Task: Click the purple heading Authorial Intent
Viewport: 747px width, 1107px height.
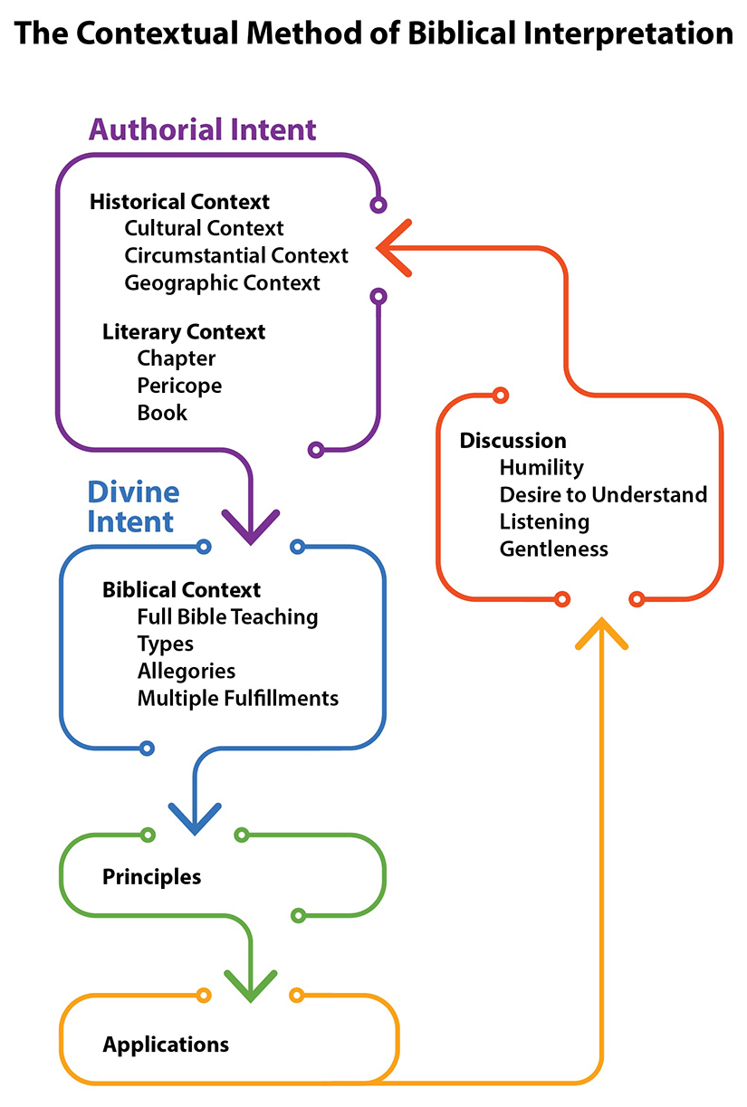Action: click(x=202, y=129)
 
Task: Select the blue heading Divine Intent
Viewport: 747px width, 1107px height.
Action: click(x=132, y=507)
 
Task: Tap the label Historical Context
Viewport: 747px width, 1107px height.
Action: click(x=179, y=201)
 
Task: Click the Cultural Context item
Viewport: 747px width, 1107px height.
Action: click(x=204, y=228)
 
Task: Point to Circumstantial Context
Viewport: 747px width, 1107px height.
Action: click(x=236, y=255)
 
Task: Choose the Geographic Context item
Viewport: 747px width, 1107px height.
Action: click(x=222, y=282)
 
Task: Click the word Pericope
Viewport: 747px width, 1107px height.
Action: click(x=179, y=386)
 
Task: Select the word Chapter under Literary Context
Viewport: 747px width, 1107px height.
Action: click(x=177, y=358)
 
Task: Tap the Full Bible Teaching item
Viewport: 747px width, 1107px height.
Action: click(x=227, y=617)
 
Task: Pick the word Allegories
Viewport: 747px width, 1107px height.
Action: click(x=186, y=672)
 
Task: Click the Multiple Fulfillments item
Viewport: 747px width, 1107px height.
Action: click(x=237, y=699)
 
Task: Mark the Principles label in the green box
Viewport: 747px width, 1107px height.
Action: click(x=151, y=877)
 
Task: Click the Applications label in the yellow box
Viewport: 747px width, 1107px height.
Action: click(x=166, y=1045)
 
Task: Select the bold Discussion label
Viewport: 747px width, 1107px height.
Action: click(x=512, y=441)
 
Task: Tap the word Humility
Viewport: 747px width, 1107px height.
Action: click(x=541, y=468)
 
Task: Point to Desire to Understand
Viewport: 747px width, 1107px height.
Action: click(x=603, y=495)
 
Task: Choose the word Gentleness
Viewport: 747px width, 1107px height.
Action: click(x=553, y=549)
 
